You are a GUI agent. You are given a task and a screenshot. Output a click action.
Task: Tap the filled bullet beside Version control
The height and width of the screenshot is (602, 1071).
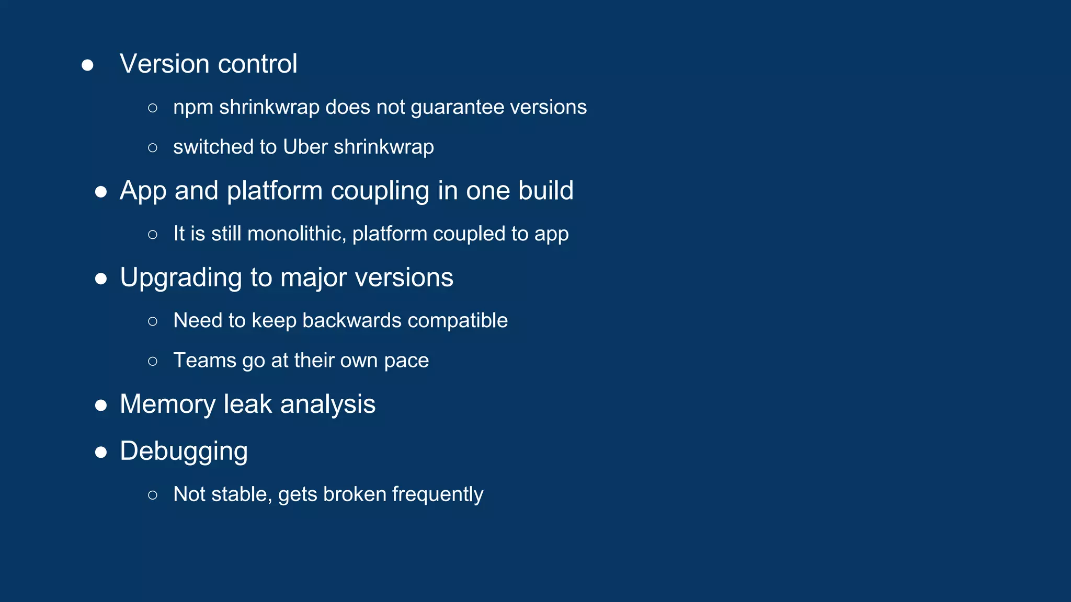click(x=87, y=65)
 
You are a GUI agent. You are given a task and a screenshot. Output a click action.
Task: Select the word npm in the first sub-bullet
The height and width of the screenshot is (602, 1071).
click(x=193, y=108)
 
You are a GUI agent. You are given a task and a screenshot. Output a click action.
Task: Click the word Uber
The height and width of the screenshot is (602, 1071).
click(x=305, y=147)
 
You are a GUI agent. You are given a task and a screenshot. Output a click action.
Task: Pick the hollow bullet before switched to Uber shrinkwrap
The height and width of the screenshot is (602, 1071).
click(x=153, y=148)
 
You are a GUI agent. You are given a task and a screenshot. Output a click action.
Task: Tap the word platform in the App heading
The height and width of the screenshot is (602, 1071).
click(x=275, y=190)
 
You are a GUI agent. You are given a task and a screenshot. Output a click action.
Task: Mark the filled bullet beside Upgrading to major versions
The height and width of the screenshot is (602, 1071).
click(x=101, y=279)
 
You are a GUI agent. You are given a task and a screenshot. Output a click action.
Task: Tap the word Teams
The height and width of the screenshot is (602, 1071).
click(x=204, y=360)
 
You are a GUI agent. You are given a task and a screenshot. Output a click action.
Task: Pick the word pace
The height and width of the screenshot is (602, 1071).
click(x=406, y=361)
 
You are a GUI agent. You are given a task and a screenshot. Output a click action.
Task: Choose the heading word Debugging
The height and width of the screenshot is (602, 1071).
click(x=184, y=451)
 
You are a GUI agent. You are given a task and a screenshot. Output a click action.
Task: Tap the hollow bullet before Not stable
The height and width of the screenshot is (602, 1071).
click(x=153, y=495)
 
